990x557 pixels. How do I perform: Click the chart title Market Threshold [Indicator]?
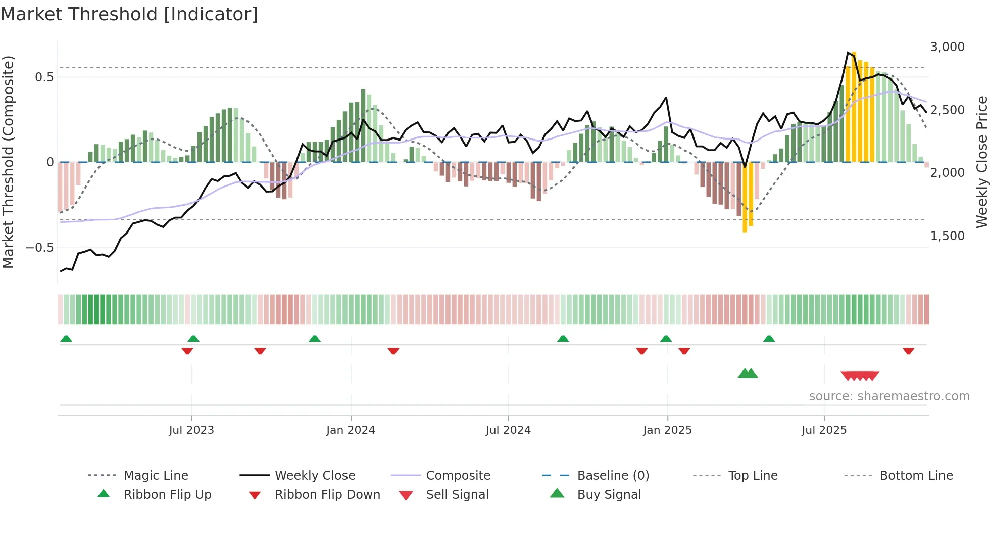point(129,14)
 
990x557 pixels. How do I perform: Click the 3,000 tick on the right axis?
point(947,47)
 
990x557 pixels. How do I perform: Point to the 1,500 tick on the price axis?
point(947,236)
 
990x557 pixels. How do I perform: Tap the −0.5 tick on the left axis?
point(39,248)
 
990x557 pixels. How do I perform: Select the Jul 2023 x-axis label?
point(191,430)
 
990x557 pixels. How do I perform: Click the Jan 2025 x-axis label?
point(667,430)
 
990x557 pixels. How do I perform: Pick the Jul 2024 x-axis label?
point(508,430)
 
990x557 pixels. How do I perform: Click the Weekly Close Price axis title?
point(981,162)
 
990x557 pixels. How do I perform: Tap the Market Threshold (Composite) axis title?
point(8,162)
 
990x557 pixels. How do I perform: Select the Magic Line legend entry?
point(156,476)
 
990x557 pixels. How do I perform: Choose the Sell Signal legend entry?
point(457,495)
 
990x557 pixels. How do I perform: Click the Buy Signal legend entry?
point(609,495)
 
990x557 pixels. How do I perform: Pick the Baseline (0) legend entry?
point(613,476)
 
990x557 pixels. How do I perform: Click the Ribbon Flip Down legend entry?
point(327,495)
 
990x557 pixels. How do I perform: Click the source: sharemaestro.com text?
point(889,396)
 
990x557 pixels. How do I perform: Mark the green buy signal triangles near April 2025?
point(748,374)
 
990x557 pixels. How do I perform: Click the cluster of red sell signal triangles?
point(860,376)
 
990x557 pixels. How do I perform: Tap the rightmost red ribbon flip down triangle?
point(908,351)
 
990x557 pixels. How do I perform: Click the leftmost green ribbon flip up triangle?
point(66,339)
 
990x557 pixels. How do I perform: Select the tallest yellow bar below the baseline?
point(745,197)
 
